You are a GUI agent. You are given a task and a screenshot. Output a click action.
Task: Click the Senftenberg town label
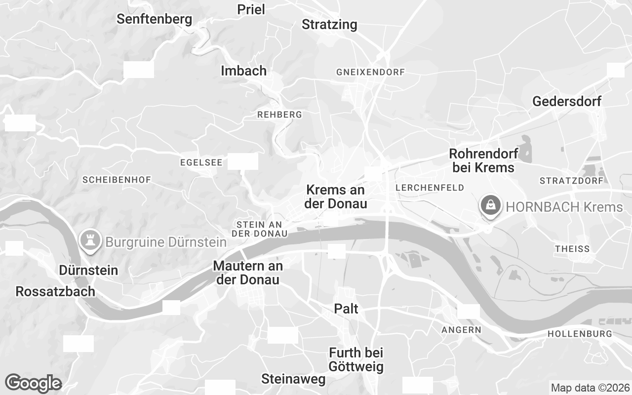(x=154, y=19)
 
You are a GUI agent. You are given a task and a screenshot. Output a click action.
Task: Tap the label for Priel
(x=251, y=9)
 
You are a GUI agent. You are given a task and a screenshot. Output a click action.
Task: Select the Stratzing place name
(x=329, y=24)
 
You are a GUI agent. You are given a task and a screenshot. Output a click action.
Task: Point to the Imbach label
(x=243, y=71)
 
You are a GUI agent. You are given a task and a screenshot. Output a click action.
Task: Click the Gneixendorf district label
(x=370, y=72)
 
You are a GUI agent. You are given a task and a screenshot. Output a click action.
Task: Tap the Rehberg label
(x=279, y=115)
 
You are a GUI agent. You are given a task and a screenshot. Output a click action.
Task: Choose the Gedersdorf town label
(x=567, y=102)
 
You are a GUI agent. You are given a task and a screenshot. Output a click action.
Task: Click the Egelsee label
(x=201, y=162)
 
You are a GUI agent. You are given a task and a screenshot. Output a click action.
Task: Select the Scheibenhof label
(x=117, y=180)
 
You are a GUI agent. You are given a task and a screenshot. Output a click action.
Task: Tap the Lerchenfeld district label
(x=430, y=188)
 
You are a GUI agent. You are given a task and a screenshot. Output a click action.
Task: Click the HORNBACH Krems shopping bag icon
(x=491, y=204)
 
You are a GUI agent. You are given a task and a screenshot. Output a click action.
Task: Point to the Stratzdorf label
(x=571, y=181)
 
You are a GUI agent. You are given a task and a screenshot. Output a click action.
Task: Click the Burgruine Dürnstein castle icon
(x=90, y=240)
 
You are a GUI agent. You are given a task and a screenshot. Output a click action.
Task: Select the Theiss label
(x=572, y=249)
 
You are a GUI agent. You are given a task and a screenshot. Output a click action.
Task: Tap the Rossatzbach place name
(x=55, y=291)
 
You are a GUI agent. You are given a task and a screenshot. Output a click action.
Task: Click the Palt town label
(x=346, y=309)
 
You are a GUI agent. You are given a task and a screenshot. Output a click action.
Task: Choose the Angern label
(x=461, y=330)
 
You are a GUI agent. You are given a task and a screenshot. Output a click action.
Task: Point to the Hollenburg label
(x=580, y=334)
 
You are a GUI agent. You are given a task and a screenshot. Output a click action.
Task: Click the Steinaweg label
(x=293, y=379)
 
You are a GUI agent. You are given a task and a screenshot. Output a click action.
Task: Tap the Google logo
(x=33, y=383)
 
